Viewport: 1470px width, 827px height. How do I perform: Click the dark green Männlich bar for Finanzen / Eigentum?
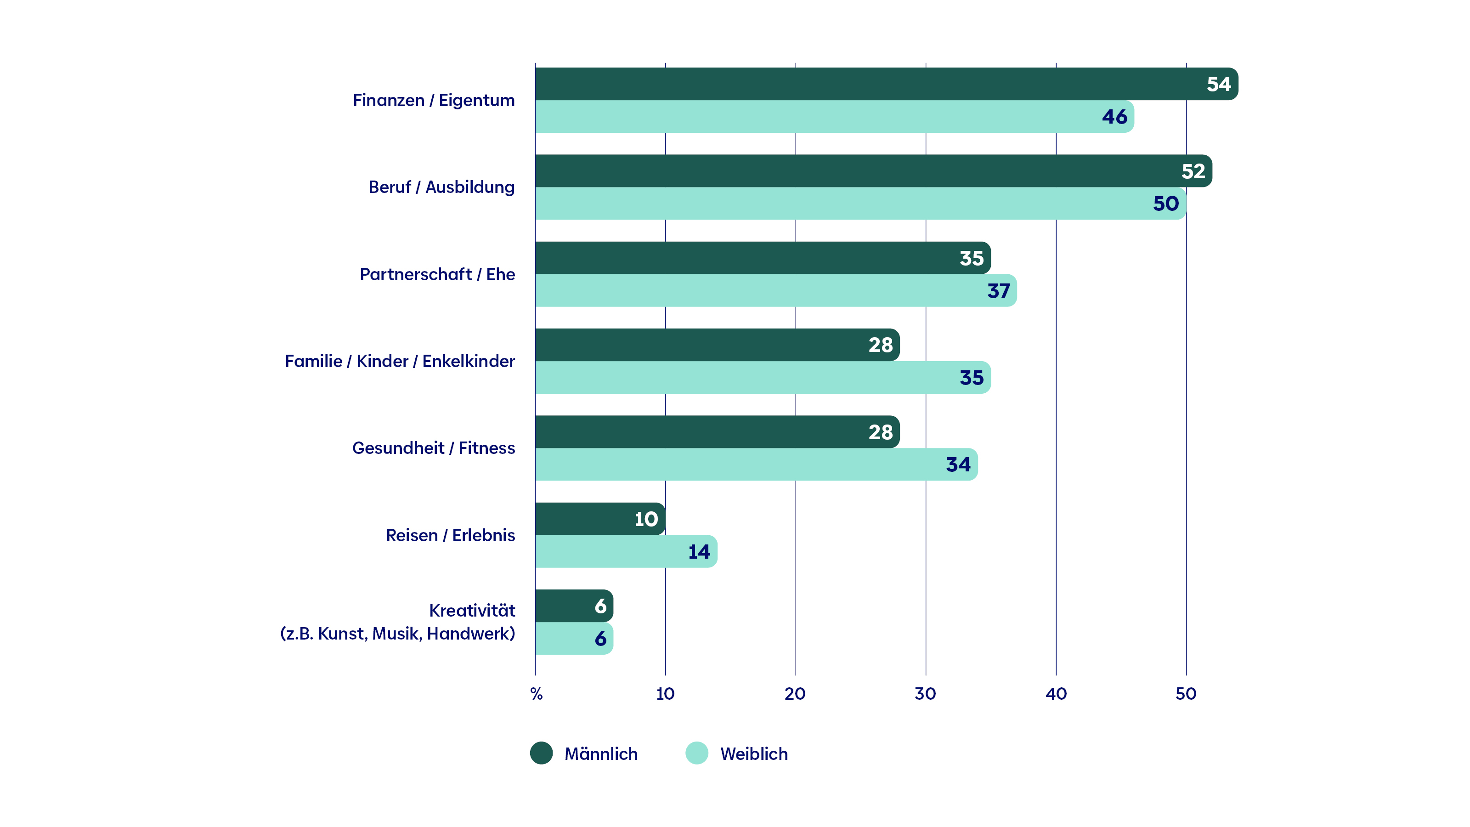point(886,84)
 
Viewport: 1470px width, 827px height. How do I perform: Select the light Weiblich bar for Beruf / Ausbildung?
point(860,204)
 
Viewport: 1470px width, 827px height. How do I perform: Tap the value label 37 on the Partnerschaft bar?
point(999,291)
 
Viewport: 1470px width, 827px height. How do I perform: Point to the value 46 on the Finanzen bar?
point(1114,117)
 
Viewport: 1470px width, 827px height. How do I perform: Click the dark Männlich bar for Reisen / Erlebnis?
point(600,519)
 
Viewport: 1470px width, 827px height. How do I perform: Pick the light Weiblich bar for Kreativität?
point(574,639)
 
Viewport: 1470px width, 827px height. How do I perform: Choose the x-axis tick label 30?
point(925,694)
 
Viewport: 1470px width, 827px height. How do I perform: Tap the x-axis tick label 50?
point(1186,694)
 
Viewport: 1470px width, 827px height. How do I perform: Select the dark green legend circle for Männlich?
point(542,753)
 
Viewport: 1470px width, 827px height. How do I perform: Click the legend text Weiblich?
point(754,754)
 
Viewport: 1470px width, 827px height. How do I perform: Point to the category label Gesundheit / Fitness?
point(434,448)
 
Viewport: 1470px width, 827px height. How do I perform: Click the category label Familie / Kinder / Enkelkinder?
point(400,361)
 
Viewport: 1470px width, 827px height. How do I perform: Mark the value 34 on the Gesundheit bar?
point(958,464)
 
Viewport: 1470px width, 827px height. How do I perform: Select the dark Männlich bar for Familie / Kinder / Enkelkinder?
point(717,345)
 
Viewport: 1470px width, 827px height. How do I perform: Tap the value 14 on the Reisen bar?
point(699,552)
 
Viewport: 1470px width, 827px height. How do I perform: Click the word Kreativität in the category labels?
point(472,611)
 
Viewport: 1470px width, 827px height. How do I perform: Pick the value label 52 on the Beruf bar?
point(1193,171)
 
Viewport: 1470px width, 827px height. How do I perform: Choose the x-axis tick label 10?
point(665,694)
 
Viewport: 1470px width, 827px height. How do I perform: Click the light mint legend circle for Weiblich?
point(697,753)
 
